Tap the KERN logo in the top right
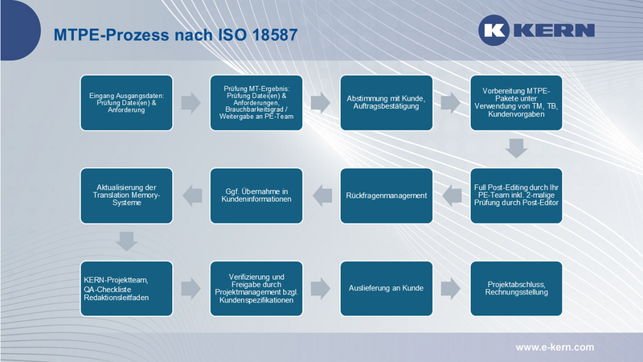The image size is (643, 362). point(537,31)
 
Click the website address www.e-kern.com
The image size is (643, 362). point(555,347)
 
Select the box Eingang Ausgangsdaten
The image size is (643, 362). point(126,103)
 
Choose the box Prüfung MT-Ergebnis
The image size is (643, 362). point(256,103)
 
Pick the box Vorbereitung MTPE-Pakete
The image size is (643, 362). point(515,103)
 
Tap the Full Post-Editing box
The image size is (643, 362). point(515,194)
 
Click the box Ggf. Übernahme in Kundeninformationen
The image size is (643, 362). point(256,194)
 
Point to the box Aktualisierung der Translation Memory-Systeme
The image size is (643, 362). point(126,194)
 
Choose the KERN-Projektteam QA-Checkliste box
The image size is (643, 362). point(126,286)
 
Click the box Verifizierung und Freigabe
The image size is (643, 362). point(256,286)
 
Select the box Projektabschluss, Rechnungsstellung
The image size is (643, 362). point(515,286)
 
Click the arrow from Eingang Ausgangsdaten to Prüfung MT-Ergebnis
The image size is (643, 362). point(191,103)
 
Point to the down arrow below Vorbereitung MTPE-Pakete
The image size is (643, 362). point(515,148)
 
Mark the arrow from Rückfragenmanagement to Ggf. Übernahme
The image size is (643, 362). point(321,194)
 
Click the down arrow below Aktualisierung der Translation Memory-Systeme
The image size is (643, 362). point(126,240)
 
